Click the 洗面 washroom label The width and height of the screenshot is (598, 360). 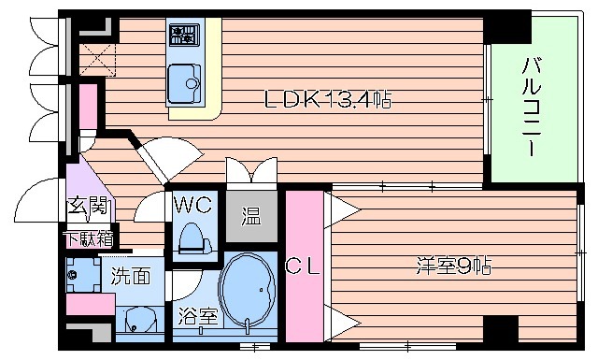point(131,276)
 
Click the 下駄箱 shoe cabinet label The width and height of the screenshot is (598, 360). point(89,238)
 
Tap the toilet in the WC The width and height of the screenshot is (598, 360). point(192,238)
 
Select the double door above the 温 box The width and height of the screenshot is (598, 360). point(251,174)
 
